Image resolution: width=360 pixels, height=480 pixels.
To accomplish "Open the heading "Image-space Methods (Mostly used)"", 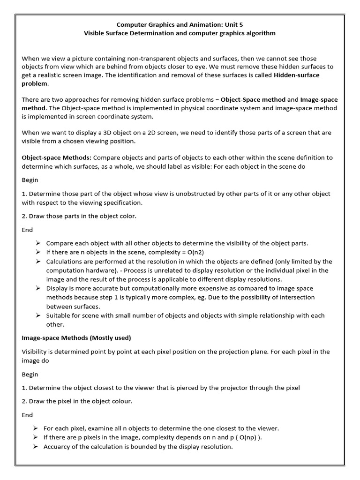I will coord(76,337).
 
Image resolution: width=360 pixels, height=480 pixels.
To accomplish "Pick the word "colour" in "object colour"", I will coord(119,401).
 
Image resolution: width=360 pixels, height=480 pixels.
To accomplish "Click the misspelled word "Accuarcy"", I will coord(59,447).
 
